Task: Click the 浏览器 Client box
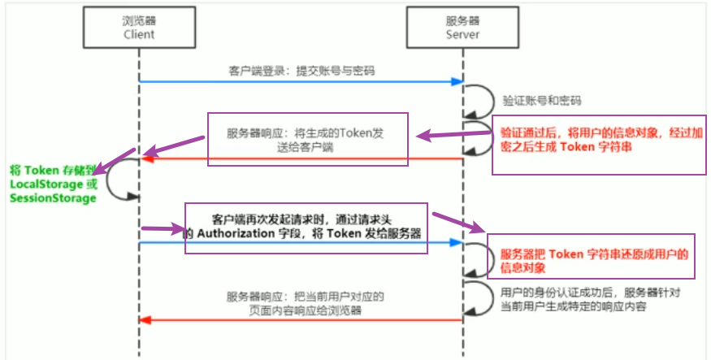pyautogui.click(x=139, y=27)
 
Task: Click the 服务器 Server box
pyautogui.click(x=462, y=27)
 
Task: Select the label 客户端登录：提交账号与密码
pyautogui.click(x=301, y=71)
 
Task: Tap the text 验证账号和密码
pyautogui.click(x=542, y=101)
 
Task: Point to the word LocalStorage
pyautogui.click(x=46, y=184)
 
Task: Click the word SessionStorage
pyautogui.click(x=53, y=198)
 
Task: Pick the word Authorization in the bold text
pyautogui.click(x=236, y=233)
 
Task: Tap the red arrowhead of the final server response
pyautogui.click(x=145, y=320)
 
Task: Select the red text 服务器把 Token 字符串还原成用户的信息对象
pyautogui.click(x=594, y=261)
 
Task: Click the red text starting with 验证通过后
pyautogui.click(x=601, y=139)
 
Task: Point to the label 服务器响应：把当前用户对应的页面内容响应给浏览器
pyautogui.click(x=306, y=303)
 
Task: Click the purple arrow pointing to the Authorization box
pyautogui.click(x=163, y=229)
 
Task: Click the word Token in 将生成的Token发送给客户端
pyautogui.click(x=356, y=133)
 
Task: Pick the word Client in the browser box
pyautogui.click(x=139, y=34)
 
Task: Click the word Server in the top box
pyautogui.click(x=462, y=34)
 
